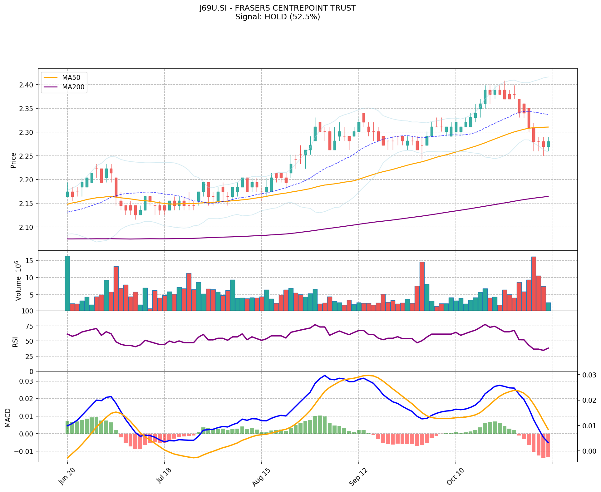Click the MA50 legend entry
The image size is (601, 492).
pos(71,78)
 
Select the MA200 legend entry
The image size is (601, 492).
pos(73,87)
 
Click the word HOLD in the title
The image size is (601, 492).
pos(276,17)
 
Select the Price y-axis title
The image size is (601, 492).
pos(13,160)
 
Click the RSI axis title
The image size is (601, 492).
pos(15,342)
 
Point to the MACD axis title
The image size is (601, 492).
pos(8,418)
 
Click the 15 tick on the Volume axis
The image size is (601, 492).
pos(30,261)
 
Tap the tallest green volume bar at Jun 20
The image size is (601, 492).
pos(67,283)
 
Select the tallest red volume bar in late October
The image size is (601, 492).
pos(534,283)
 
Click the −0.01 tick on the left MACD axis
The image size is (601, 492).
pos(24,451)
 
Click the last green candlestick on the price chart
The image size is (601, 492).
pos(548,144)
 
